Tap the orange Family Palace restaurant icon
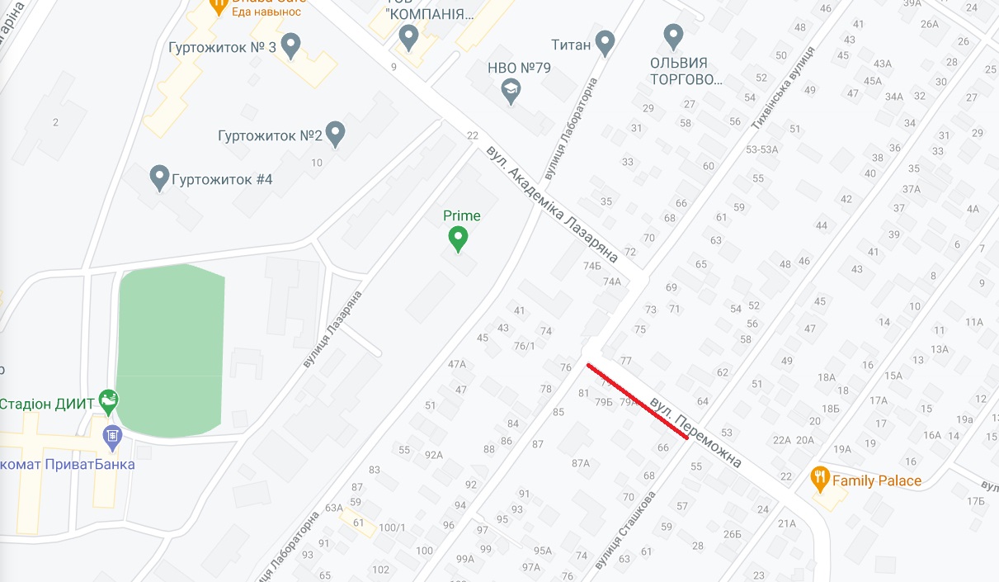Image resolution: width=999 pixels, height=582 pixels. pyautogui.click(x=819, y=476)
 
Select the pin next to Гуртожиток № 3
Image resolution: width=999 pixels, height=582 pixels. pyautogui.click(x=290, y=45)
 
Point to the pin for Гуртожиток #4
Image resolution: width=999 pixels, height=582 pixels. pyautogui.click(x=159, y=177)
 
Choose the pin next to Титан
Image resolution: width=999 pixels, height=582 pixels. pyautogui.click(x=606, y=42)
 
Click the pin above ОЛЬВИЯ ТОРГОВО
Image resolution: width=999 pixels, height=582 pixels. pyautogui.click(x=674, y=35)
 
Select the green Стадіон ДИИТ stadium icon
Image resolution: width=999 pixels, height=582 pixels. pyautogui.click(x=108, y=403)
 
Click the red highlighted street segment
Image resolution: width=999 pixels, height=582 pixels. pyautogui.click(x=637, y=401)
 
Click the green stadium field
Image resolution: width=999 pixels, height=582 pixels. pyautogui.click(x=171, y=350)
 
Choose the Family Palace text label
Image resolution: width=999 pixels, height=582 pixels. pyautogui.click(x=877, y=480)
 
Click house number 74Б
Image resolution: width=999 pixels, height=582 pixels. pyautogui.click(x=592, y=266)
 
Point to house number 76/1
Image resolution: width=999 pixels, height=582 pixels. pyautogui.click(x=525, y=346)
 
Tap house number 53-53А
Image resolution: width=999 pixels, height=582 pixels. pyautogui.click(x=761, y=149)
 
